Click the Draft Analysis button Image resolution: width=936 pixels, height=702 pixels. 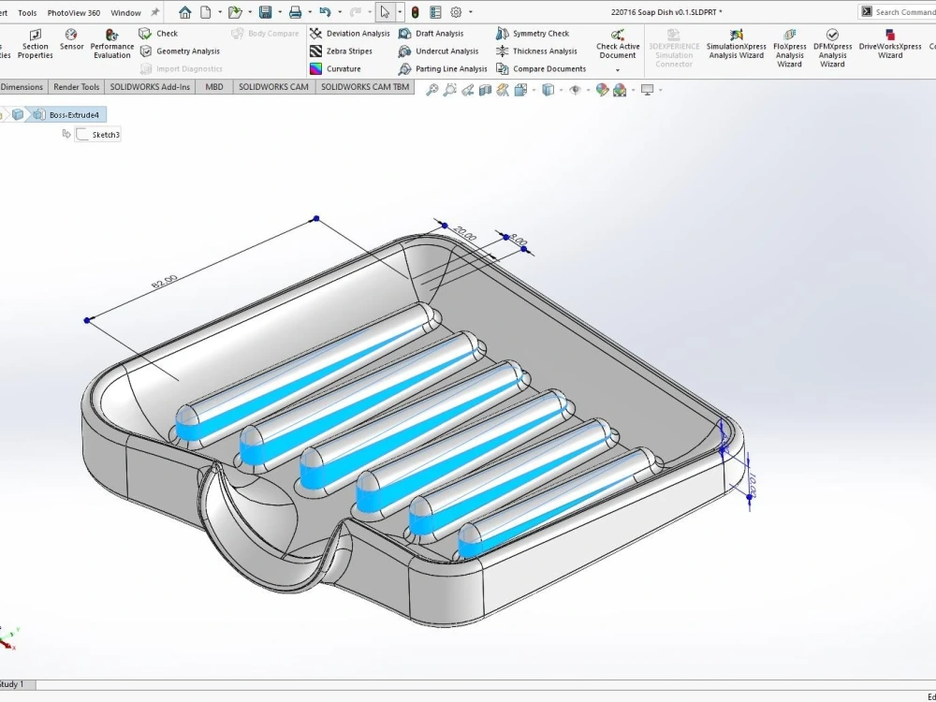pyautogui.click(x=438, y=34)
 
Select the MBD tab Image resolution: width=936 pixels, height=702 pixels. pyautogui.click(x=214, y=87)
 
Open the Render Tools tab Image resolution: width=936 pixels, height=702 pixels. pyautogui.click(x=76, y=87)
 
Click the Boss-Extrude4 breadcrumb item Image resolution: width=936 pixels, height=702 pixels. pyautogui.click(x=73, y=115)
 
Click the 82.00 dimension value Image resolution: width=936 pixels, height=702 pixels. pyautogui.click(x=164, y=280)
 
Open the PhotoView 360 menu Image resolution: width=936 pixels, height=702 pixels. pyautogui.click(x=73, y=13)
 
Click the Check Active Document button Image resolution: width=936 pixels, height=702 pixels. pyautogui.click(x=618, y=46)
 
